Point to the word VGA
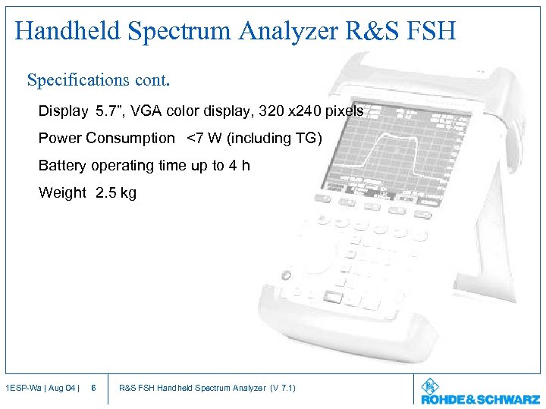[x=147, y=111]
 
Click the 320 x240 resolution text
[x=290, y=111]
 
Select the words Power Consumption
[x=106, y=138]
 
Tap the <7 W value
[x=203, y=138]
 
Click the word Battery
[x=63, y=165]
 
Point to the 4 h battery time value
[x=240, y=165]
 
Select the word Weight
[x=62, y=192]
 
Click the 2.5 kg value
[x=116, y=192]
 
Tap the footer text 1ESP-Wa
[x=19, y=389]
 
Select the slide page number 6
[x=93, y=389]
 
